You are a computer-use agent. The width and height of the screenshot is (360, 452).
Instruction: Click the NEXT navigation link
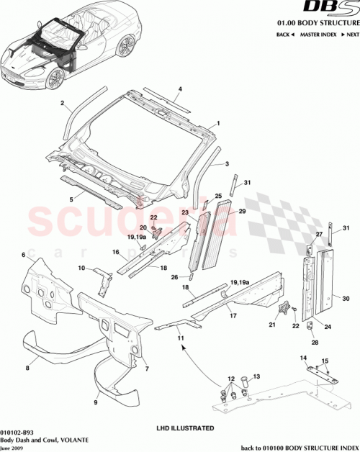tap(349, 35)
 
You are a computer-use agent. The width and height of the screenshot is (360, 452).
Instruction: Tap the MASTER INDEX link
tap(319, 35)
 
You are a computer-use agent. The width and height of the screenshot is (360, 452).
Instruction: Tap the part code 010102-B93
tap(17, 432)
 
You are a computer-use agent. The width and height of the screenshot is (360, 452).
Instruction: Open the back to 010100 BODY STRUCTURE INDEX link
tap(300, 446)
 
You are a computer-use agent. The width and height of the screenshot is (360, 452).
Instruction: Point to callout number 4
tap(180, 89)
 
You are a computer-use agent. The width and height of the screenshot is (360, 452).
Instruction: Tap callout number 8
tap(28, 368)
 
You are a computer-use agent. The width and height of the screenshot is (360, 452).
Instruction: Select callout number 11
tap(181, 337)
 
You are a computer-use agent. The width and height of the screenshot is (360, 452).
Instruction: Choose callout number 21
tap(271, 325)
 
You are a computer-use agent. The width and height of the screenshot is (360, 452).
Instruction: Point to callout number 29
tap(242, 212)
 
